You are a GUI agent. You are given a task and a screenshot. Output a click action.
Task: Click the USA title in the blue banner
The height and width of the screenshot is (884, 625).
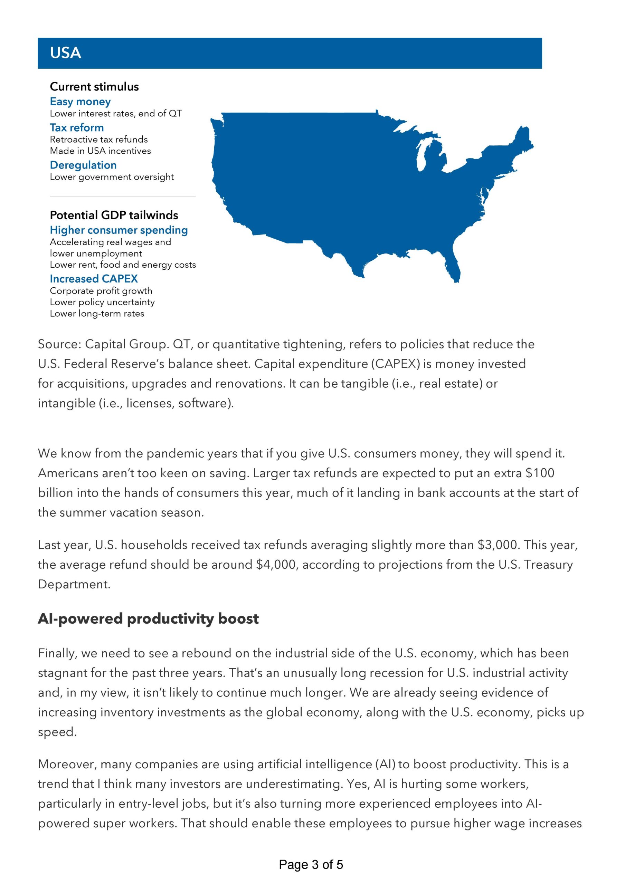click(x=66, y=53)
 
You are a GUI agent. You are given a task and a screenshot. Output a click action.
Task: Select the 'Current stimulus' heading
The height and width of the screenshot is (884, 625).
click(x=94, y=87)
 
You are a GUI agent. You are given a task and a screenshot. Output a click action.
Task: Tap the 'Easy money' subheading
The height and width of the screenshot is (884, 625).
click(x=80, y=102)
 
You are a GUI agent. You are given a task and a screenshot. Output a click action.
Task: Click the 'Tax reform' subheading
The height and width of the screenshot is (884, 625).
click(x=77, y=127)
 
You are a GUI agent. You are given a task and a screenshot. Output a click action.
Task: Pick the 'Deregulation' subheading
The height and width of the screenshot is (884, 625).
click(x=83, y=165)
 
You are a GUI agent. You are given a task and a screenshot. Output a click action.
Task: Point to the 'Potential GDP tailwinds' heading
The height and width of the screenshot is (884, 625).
click(x=114, y=215)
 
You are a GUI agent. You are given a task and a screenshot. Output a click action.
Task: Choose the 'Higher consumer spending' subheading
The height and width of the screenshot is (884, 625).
click(x=119, y=230)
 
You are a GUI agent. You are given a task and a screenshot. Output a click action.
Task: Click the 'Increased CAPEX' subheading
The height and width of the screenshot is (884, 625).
click(x=94, y=278)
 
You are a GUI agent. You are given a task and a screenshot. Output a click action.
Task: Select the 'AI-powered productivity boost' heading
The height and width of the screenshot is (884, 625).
click(x=148, y=619)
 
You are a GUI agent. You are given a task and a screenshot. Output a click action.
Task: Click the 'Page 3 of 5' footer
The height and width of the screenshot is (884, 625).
click(x=311, y=864)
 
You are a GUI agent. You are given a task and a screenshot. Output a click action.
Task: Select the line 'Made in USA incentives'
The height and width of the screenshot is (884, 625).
click(x=100, y=151)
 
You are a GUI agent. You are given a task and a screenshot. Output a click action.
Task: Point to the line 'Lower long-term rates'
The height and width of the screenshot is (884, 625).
click(x=97, y=314)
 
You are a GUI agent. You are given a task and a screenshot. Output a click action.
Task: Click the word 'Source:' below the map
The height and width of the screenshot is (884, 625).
click(x=59, y=344)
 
